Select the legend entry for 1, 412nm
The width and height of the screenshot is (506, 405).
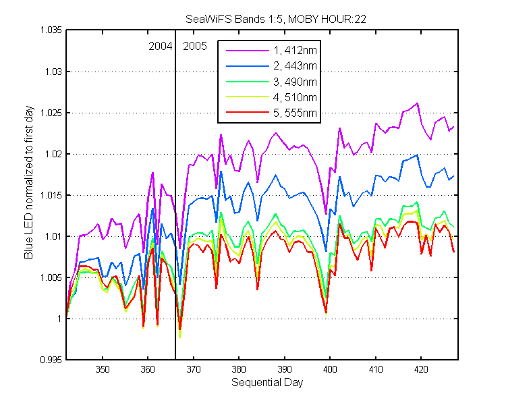pyautogui.click(x=271, y=50)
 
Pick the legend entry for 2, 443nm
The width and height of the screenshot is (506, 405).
pyautogui.click(x=271, y=66)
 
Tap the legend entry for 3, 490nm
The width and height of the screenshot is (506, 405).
pyautogui.click(x=271, y=82)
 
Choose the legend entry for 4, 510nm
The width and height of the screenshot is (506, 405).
pyautogui.click(x=271, y=97)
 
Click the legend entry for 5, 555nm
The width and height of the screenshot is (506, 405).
pyautogui.click(x=271, y=113)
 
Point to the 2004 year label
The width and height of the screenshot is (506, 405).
pyautogui.click(x=161, y=46)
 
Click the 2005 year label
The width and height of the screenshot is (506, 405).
pyautogui.click(x=195, y=46)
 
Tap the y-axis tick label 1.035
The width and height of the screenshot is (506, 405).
pyautogui.click(x=51, y=30)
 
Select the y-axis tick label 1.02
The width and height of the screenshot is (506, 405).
pyautogui.click(x=53, y=154)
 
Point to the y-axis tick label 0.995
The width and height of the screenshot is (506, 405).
pyautogui.click(x=51, y=360)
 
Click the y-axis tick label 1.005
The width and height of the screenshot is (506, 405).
pyautogui.click(x=51, y=277)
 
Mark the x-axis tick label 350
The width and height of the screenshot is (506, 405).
pyautogui.click(x=103, y=369)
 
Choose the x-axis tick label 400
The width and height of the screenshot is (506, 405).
pyautogui.click(x=330, y=369)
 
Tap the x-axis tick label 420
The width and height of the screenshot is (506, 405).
pyautogui.click(x=421, y=369)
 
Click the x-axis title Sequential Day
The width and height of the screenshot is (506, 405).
pyautogui.click(x=267, y=383)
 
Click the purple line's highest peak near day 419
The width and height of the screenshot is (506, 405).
pyautogui.click(x=417, y=103)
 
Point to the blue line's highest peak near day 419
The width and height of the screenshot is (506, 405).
pyautogui.click(x=417, y=155)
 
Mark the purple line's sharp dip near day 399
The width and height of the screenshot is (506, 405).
pyautogui.click(x=326, y=213)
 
